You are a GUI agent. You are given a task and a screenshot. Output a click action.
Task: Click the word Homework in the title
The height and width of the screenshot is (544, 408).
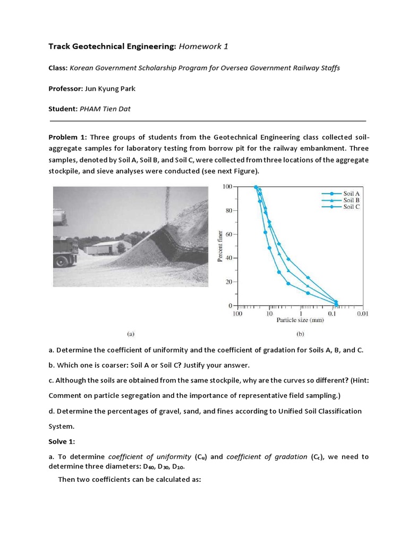click(199, 47)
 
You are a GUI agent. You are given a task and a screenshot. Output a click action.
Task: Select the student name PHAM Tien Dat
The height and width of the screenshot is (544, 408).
click(105, 109)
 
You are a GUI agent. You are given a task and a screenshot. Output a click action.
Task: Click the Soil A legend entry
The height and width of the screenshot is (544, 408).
click(351, 194)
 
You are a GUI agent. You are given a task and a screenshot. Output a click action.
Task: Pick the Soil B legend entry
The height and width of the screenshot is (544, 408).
click(351, 200)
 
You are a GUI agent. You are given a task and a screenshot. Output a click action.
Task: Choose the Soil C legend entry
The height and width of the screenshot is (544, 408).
click(351, 207)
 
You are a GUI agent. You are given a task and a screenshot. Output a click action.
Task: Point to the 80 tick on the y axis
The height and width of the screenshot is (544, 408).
click(228, 210)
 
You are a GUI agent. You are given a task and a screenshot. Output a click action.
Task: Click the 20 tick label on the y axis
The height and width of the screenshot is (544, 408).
click(228, 282)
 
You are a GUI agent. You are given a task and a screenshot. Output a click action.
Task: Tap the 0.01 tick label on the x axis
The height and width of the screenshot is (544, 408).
click(363, 314)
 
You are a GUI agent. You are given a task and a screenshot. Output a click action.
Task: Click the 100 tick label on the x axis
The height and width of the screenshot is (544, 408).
click(237, 314)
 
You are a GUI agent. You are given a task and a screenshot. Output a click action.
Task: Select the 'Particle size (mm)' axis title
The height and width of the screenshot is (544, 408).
click(300, 320)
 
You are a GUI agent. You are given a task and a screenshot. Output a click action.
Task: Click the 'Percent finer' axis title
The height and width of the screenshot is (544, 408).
click(219, 246)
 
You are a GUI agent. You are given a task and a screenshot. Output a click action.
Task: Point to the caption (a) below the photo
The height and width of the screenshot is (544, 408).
click(131, 334)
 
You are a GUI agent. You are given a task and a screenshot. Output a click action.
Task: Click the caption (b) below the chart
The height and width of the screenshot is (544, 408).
click(300, 334)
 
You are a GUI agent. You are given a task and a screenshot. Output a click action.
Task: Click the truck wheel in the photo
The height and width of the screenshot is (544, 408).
click(60, 260)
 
